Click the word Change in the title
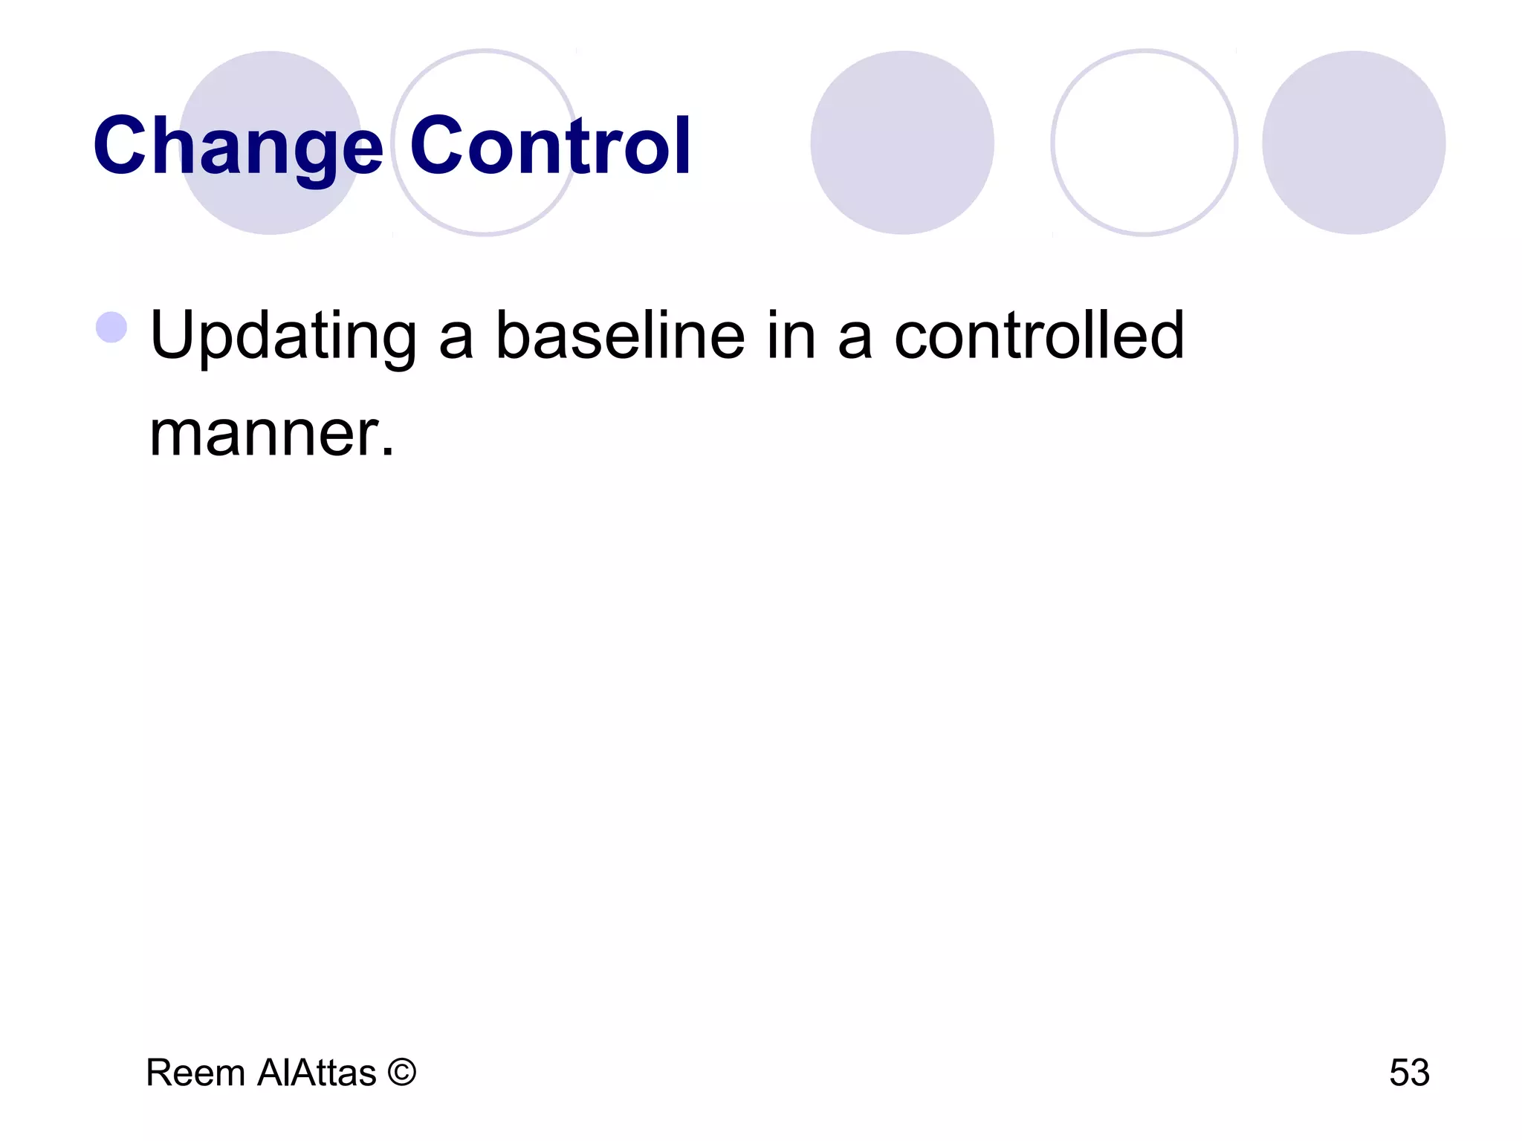[x=238, y=146]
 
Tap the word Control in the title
[x=551, y=146]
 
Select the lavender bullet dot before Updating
[x=111, y=327]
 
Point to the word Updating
[x=283, y=337]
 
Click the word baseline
[x=620, y=335]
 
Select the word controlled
[x=1039, y=335]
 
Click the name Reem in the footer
[x=195, y=1073]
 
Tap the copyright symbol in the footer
[x=401, y=1072]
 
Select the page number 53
[x=1409, y=1073]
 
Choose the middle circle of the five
[x=902, y=143]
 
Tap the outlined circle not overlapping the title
[x=1144, y=143]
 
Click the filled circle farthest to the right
[x=1354, y=143]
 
